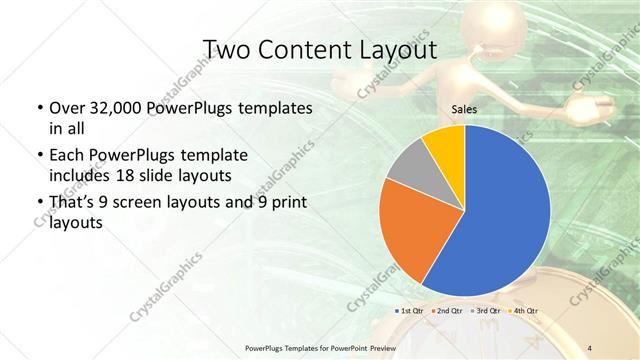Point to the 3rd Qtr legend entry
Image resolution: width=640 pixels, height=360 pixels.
486,312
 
